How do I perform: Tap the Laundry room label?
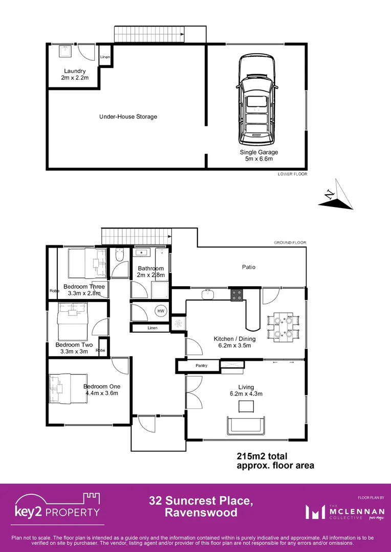point(75,75)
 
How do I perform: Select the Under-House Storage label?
point(128,117)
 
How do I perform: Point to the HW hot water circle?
point(161,311)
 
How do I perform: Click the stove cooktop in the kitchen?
point(236,294)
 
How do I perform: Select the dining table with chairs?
point(283,327)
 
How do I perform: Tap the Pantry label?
point(201,366)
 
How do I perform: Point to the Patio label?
point(249,267)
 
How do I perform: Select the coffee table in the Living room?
point(247,406)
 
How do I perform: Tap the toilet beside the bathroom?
point(119,256)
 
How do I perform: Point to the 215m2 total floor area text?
point(262,456)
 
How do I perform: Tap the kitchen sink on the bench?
point(208,294)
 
